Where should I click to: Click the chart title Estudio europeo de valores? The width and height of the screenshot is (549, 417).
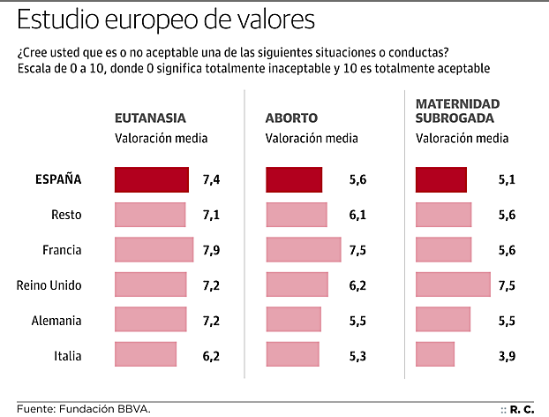coord(164,19)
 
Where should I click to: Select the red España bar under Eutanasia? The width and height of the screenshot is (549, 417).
coord(152,179)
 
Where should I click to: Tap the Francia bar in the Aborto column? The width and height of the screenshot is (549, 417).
coord(303,250)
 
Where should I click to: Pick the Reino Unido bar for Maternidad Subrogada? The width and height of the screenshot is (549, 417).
coord(453,284)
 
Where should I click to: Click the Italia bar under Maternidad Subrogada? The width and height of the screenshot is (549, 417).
coord(435,355)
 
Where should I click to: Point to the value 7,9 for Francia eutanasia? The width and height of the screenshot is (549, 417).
coord(211,250)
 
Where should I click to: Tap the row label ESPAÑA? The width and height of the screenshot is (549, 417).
coord(58,179)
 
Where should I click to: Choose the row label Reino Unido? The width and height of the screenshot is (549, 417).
coord(49,284)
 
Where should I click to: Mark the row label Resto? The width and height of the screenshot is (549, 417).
coord(66,215)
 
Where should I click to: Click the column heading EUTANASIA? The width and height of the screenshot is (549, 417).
coord(150,118)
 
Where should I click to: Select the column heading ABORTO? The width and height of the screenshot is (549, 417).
coord(291,118)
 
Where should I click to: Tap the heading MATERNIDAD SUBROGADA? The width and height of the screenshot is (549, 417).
coord(457,110)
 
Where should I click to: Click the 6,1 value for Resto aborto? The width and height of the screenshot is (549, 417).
coord(357,215)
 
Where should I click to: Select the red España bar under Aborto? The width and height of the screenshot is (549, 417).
coord(294,179)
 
